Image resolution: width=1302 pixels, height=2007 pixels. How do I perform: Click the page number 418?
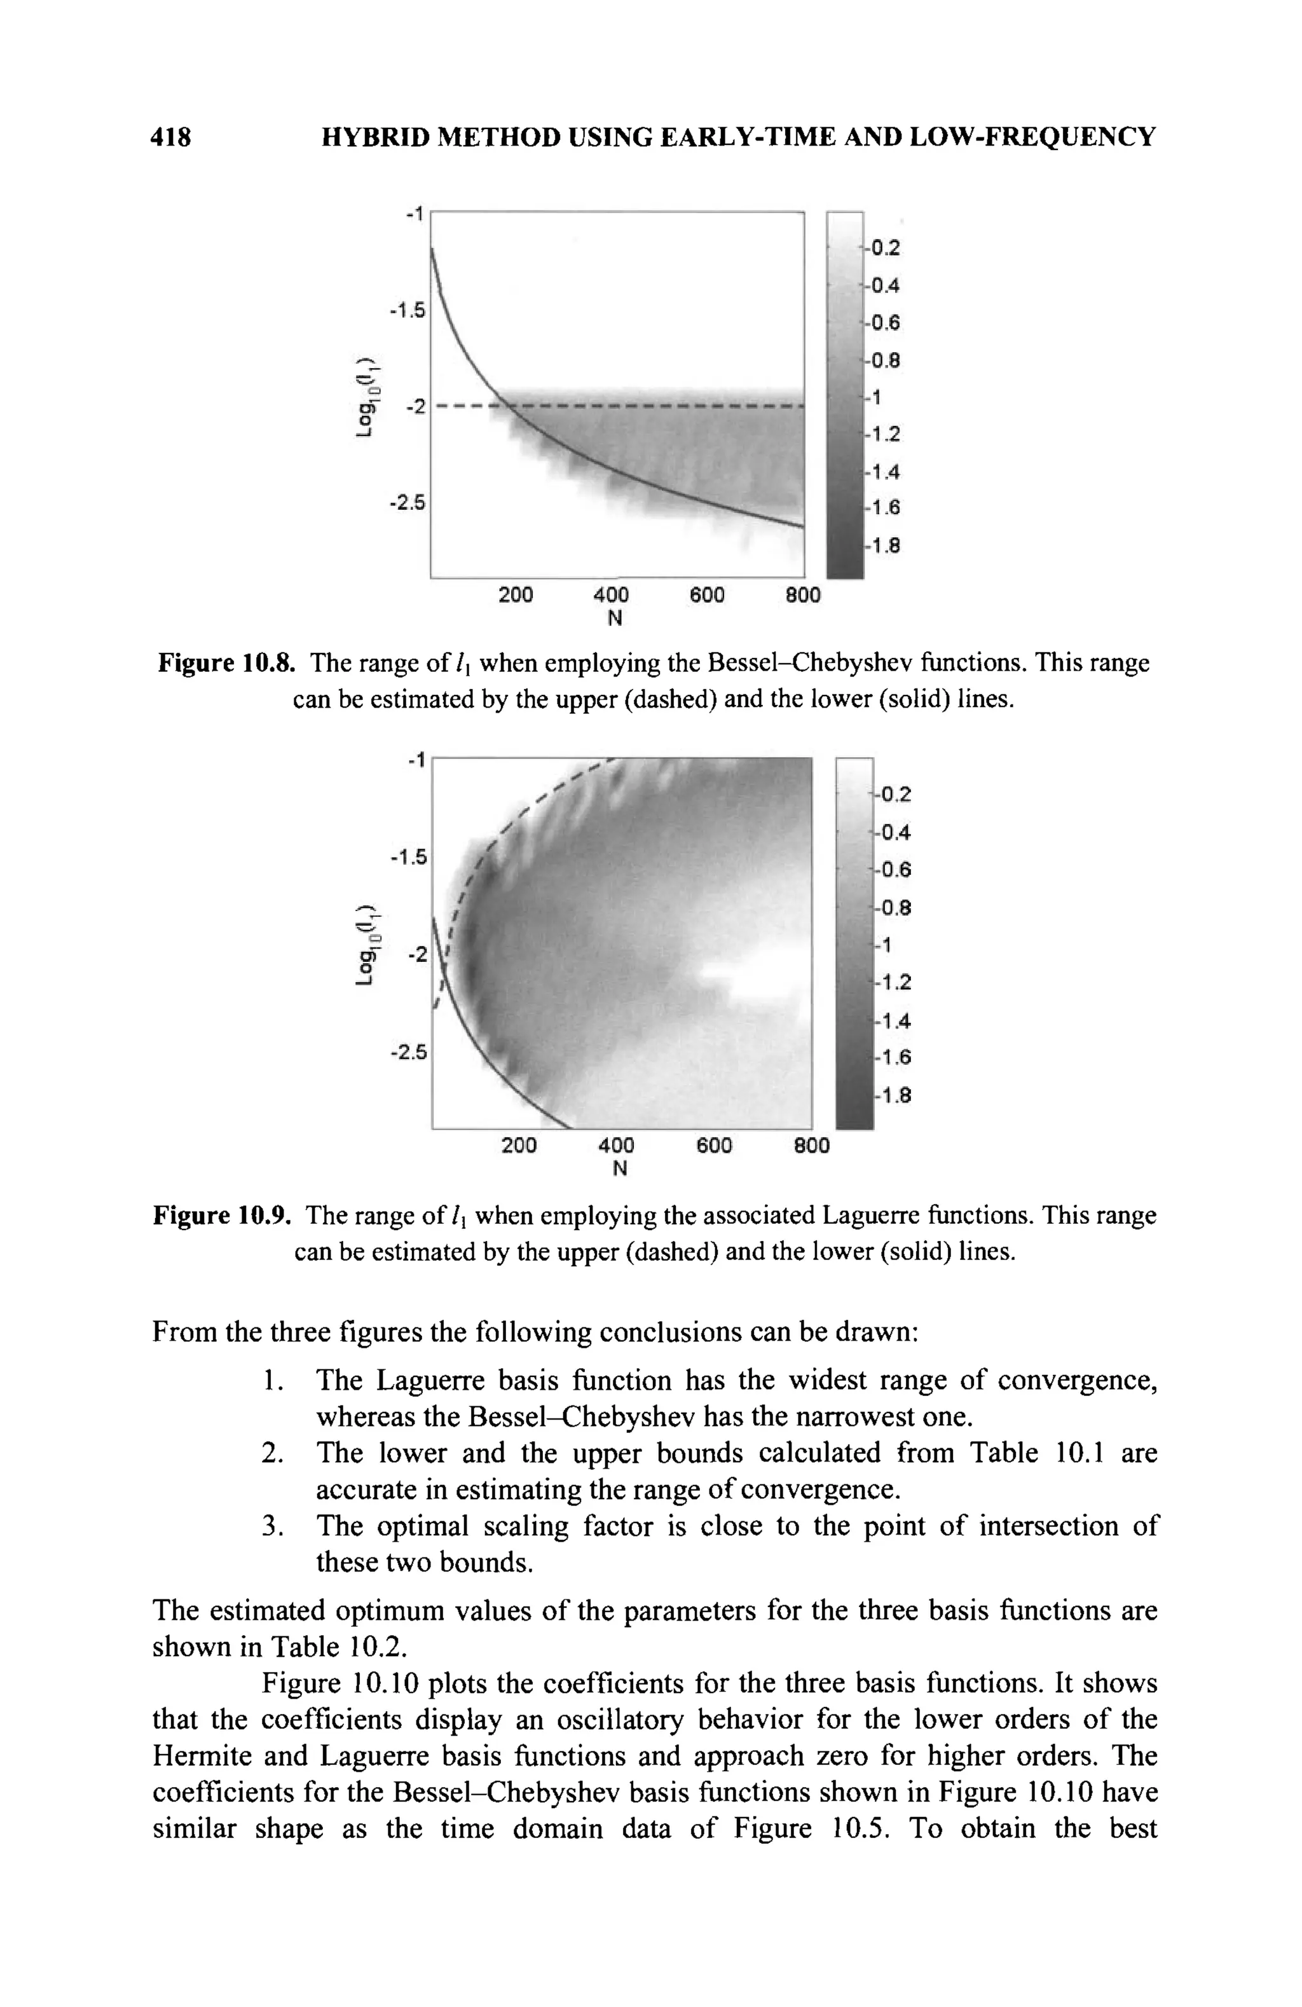point(171,137)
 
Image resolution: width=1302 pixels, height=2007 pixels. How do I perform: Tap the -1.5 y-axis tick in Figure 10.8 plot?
point(408,311)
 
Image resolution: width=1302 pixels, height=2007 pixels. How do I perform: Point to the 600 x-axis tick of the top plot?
point(707,595)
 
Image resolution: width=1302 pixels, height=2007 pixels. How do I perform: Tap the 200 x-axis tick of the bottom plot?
point(519,1145)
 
